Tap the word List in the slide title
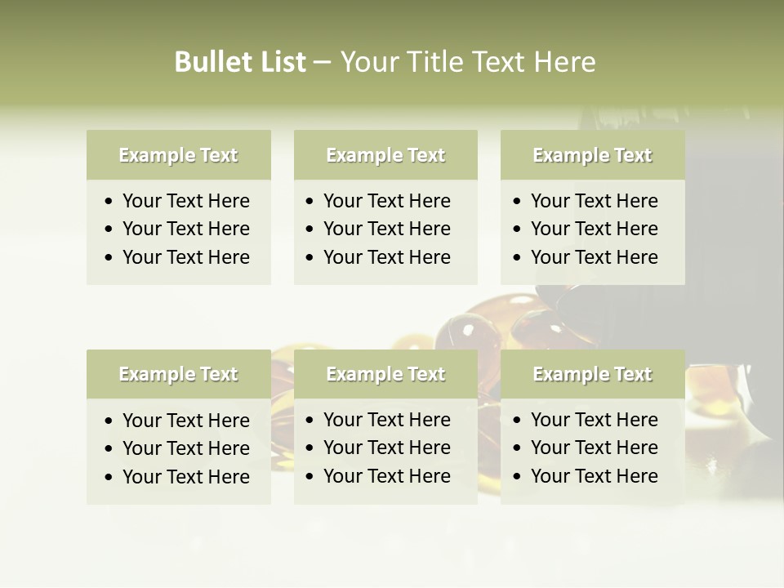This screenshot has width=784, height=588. [x=280, y=62]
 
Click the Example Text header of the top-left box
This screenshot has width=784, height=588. [x=178, y=155]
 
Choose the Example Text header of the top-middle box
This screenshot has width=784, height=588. [x=385, y=155]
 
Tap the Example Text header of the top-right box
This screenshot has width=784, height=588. [x=592, y=155]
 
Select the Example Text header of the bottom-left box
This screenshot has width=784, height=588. [x=178, y=374]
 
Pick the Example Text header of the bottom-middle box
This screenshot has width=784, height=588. [x=385, y=374]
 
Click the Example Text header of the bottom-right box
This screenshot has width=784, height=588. [x=592, y=374]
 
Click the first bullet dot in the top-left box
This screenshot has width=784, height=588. [x=109, y=202]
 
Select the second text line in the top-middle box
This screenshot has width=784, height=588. [x=386, y=229]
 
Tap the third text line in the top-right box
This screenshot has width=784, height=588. [x=594, y=256]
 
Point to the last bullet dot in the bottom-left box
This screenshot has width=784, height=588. [x=109, y=478]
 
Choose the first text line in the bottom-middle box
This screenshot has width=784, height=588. [x=386, y=420]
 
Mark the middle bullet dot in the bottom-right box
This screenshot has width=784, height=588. [x=517, y=448]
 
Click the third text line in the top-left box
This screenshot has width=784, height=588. [x=185, y=256]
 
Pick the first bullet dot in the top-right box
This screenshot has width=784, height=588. [x=517, y=202]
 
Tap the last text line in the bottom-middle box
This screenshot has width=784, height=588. [x=386, y=475]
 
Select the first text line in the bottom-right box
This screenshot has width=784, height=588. [x=594, y=420]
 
